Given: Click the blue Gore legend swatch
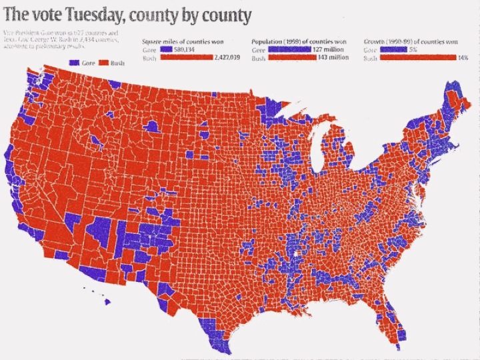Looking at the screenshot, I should coord(73,62).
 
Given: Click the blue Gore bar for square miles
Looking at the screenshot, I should coord(164,50).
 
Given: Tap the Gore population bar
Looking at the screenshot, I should coord(289,50).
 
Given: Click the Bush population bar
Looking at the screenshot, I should coord(291,58).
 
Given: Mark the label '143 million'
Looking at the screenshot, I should coord(334,58).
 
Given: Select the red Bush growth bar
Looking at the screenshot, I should coord(416,58).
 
